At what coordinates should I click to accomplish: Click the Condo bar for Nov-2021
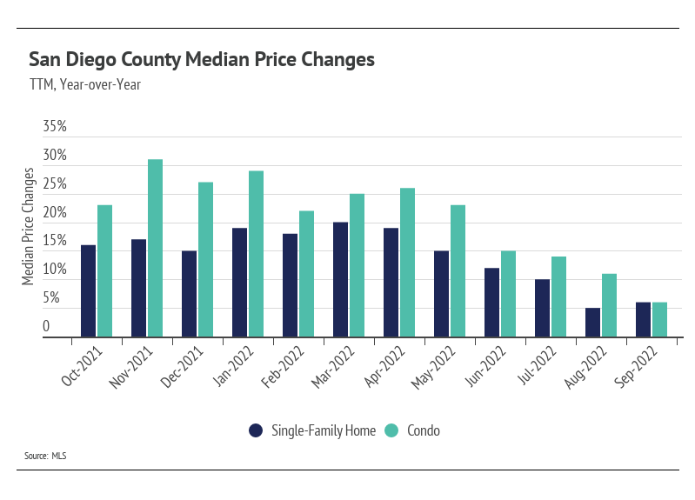[x=155, y=248]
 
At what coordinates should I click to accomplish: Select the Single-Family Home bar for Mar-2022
[x=340, y=279]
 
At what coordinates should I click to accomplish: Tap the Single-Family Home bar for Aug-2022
[x=592, y=322]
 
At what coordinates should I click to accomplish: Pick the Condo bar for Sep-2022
[x=659, y=319]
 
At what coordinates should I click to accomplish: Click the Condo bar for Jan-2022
[x=256, y=253]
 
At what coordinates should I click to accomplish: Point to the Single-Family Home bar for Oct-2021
[x=88, y=290]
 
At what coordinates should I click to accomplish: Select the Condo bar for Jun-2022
[x=508, y=293]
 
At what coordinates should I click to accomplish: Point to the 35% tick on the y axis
[x=55, y=127]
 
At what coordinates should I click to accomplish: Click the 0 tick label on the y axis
[x=46, y=327]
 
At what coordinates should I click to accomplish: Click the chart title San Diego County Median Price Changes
[x=202, y=60]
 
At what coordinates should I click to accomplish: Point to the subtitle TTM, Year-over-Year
[x=84, y=84]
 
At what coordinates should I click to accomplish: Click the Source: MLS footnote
[x=47, y=455]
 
